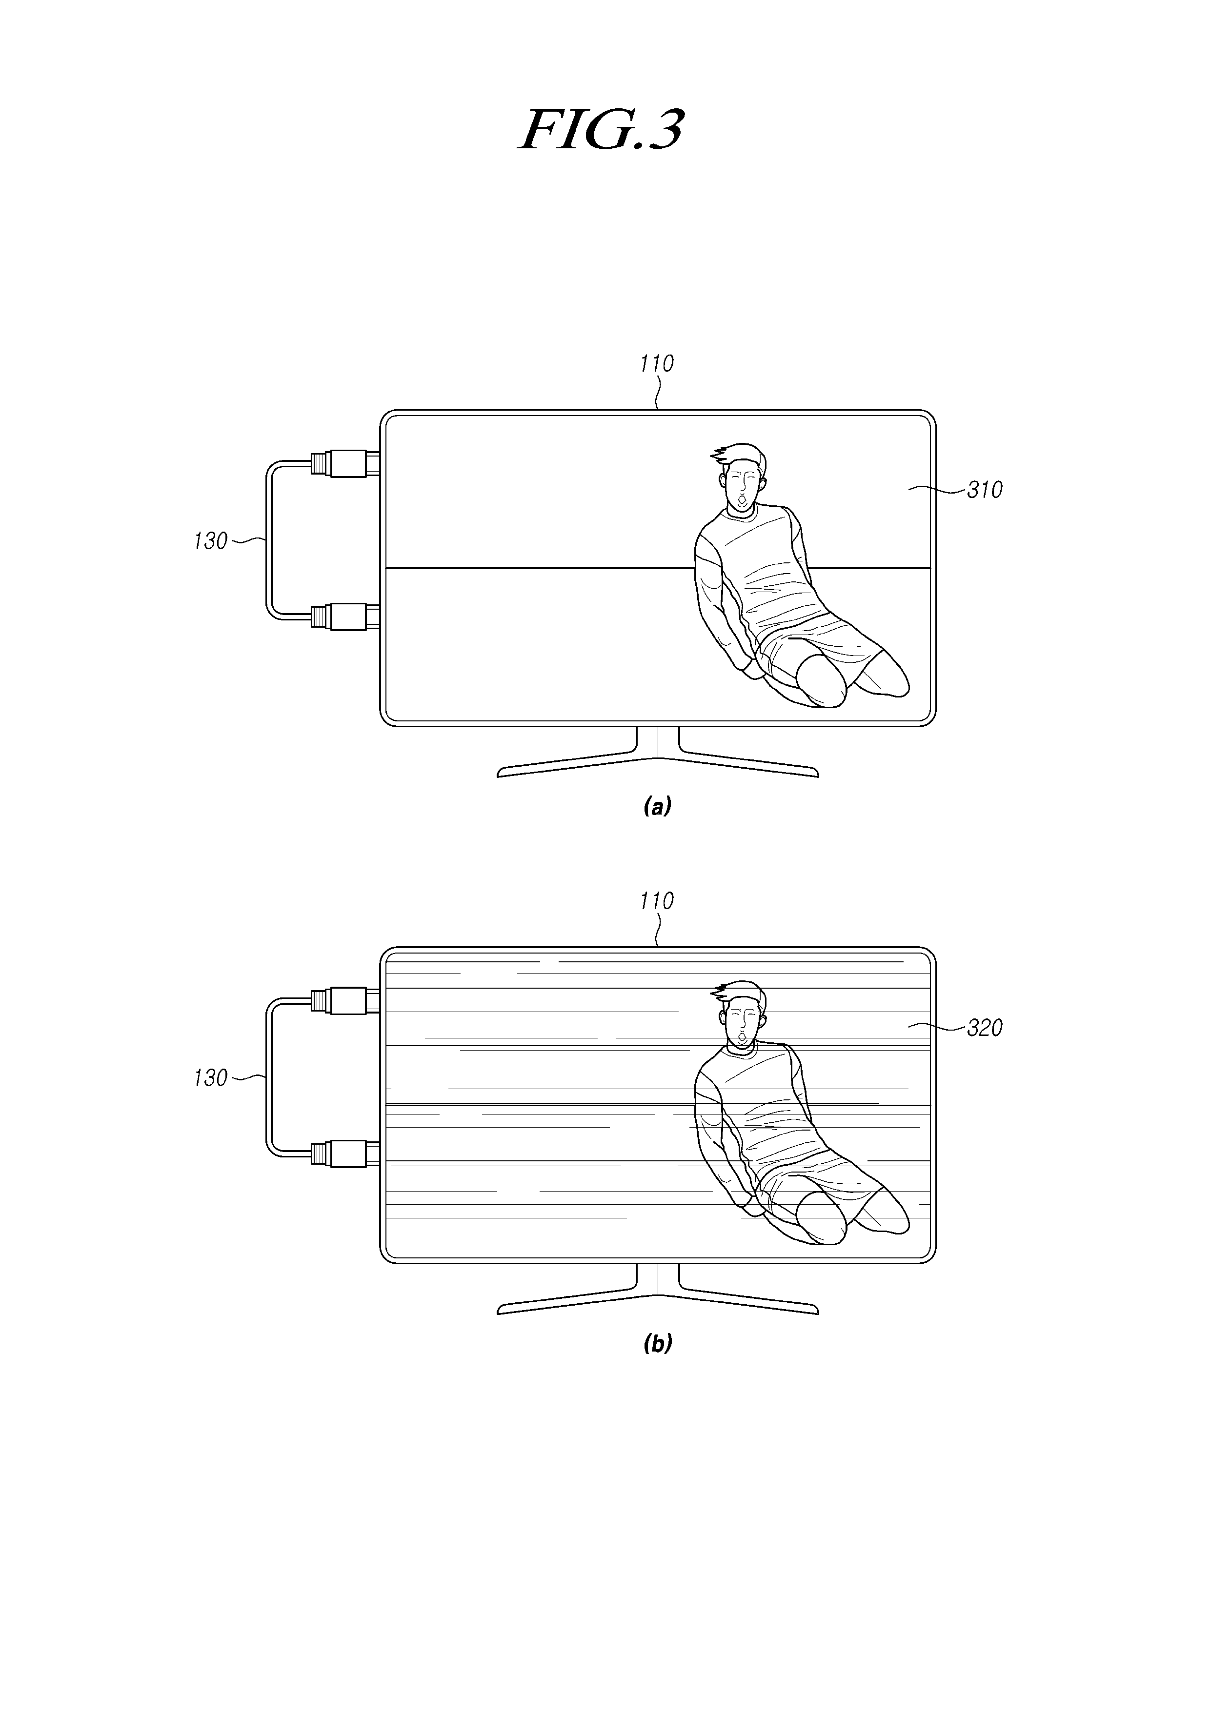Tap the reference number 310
click(984, 490)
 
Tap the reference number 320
click(984, 1028)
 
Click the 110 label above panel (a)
click(656, 364)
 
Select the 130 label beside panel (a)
click(210, 541)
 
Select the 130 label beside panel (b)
click(210, 1078)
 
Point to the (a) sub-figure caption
click(657, 806)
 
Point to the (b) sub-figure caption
click(657, 1344)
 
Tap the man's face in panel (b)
click(742, 1025)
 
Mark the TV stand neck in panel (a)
click(658, 742)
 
